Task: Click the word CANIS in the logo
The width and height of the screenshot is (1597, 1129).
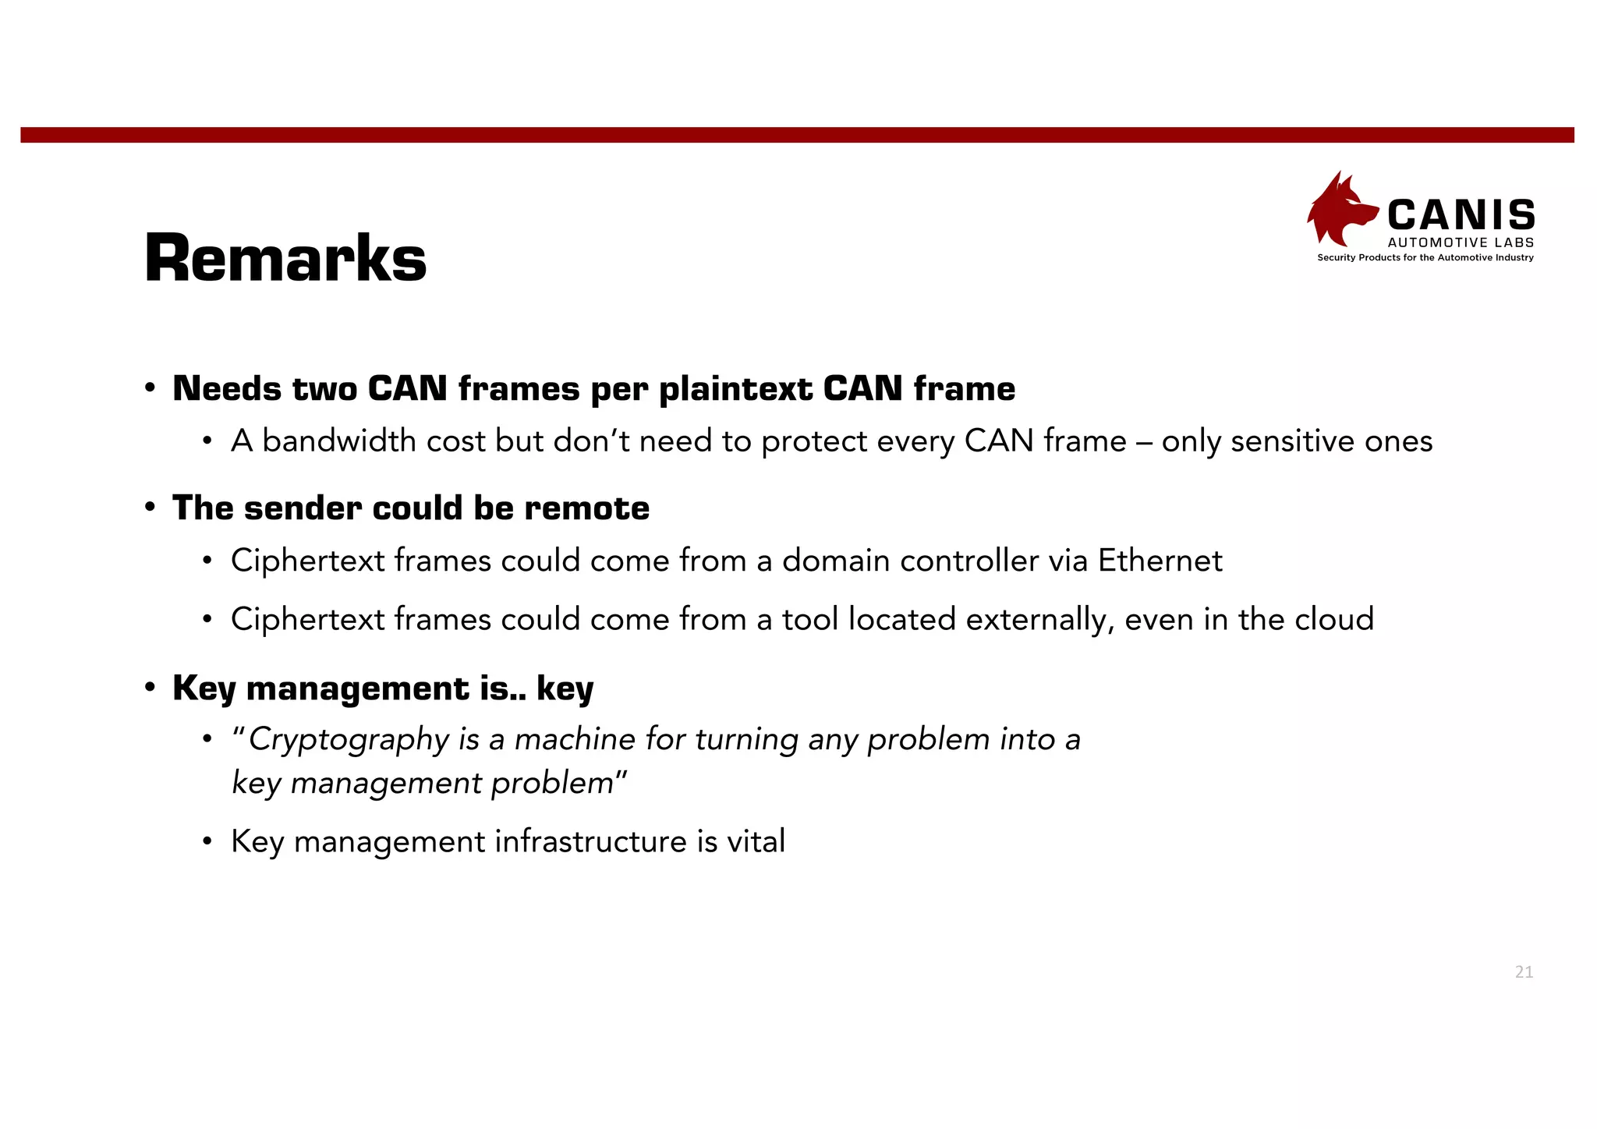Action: click(1461, 215)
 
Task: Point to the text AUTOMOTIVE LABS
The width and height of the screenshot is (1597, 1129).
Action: click(1461, 242)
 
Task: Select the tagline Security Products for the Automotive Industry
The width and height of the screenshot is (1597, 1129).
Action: click(1425, 258)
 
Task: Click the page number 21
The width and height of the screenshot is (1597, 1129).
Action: click(1524, 972)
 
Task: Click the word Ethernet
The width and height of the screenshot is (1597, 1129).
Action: click(1160, 561)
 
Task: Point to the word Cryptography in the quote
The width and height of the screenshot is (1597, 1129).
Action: click(348, 739)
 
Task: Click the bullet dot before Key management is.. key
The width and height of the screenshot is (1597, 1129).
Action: click(150, 688)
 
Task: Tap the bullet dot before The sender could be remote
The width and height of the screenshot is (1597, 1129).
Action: click(150, 508)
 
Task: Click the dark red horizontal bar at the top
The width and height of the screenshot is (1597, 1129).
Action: click(797, 135)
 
